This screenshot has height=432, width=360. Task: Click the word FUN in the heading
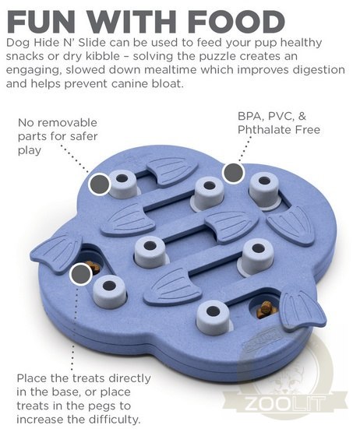(41, 22)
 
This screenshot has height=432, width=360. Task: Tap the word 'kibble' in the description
(103, 56)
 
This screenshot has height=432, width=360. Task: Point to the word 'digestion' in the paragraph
(319, 70)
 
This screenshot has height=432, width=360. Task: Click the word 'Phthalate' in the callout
(264, 129)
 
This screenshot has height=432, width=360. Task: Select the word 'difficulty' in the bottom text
(115, 420)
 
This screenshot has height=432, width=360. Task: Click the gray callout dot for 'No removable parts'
(100, 184)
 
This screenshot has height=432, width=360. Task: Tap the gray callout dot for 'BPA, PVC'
(234, 173)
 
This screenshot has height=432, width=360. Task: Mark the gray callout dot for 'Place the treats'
(81, 274)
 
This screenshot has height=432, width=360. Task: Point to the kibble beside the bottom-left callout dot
(94, 267)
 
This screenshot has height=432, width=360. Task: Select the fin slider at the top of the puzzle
(173, 170)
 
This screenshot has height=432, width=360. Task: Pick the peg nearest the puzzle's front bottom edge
(213, 317)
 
